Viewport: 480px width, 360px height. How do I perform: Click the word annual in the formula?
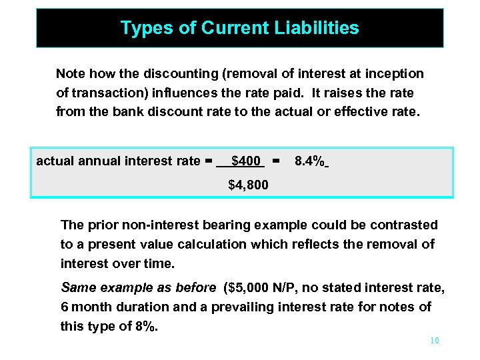(x=101, y=161)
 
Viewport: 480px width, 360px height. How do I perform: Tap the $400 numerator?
(x=245, y=161)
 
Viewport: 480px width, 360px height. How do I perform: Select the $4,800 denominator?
(x=248, y=185)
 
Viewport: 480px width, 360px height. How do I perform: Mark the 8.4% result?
(x=309, y=161)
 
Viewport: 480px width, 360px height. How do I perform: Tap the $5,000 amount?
(x=251, y=288)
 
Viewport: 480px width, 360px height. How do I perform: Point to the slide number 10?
(x=434, y=341)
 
